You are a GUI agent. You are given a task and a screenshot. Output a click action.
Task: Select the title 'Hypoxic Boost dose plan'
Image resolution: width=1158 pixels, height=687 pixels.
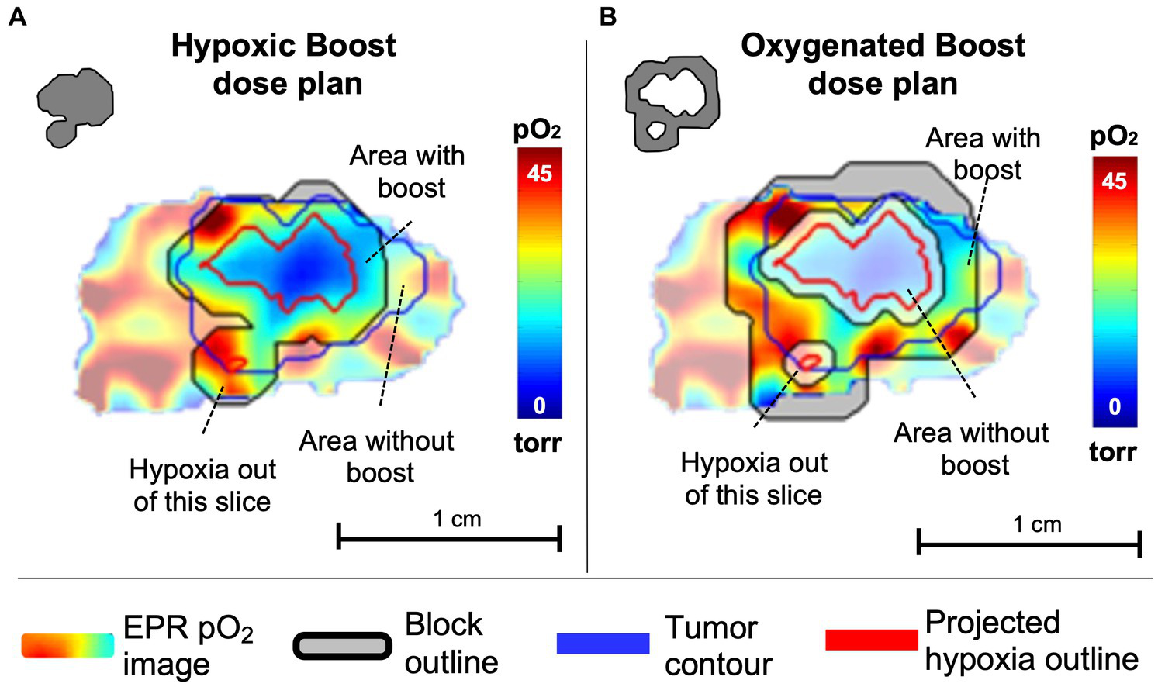coord(285,64)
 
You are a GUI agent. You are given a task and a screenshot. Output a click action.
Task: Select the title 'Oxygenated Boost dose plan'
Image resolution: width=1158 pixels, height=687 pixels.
coord(883,64)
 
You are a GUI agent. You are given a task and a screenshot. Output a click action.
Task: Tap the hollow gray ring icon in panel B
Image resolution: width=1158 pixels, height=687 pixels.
coord(672,103)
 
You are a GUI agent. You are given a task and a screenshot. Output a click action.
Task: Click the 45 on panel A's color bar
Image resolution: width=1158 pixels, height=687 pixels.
coord(539,173)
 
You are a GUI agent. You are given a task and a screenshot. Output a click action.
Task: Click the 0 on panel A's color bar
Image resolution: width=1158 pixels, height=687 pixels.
coord(539,405)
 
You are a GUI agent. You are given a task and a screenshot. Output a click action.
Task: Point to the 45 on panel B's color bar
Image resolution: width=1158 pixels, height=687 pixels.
coord(1115,181)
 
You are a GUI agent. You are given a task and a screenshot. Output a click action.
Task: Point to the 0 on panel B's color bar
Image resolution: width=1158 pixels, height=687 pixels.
coord(1115,406)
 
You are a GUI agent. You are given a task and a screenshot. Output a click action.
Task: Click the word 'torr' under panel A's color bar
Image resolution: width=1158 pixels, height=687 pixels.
coord(538,444)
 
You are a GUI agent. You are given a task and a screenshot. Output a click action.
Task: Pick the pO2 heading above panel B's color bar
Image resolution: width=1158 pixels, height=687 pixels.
coord(1114,136)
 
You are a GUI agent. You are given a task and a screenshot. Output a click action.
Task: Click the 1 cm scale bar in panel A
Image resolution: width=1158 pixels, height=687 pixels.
coord(449,537)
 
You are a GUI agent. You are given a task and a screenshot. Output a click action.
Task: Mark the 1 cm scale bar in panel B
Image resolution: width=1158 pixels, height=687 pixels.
coord(1028,543)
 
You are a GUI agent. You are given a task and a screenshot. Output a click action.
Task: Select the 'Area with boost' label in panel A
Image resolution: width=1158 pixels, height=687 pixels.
coord(408,171)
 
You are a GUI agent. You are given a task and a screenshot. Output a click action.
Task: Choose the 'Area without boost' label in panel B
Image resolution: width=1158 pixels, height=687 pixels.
coord(972,448)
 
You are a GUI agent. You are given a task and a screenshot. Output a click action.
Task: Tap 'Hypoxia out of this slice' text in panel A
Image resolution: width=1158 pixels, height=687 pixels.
coord(202,485)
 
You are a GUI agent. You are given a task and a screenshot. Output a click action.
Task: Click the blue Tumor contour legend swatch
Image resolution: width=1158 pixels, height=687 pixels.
coord(603,643)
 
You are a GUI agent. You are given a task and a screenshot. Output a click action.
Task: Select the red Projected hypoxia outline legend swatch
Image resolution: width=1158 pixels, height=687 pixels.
coord(872,640)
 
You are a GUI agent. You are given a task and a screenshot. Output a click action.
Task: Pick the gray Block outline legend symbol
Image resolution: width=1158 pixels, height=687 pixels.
coord(342,646)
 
